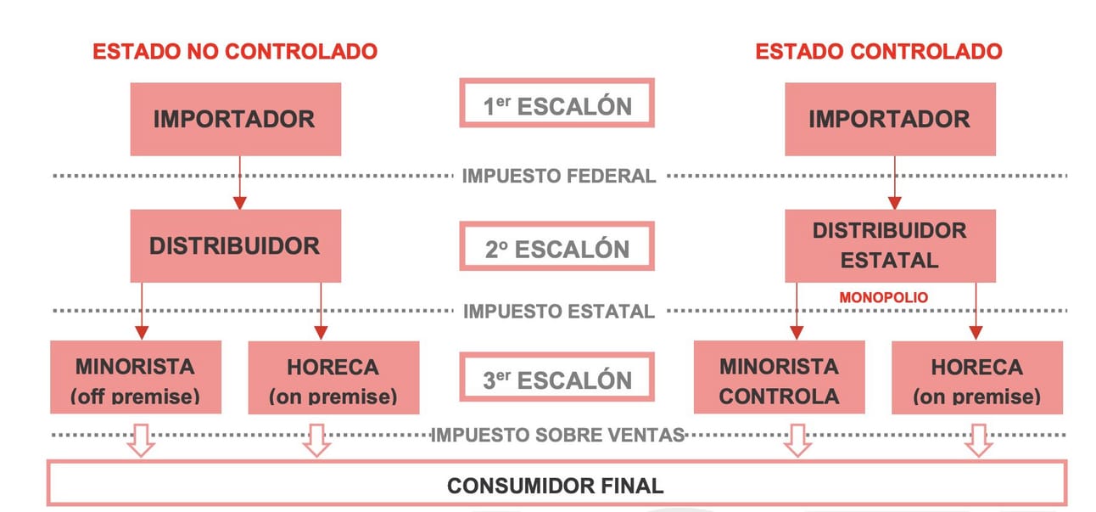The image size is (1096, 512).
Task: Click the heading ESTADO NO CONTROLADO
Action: tap(235, 51)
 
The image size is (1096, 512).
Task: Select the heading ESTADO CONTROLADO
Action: tap(879, 51)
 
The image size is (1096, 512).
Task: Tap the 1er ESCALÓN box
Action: tap(557, 104)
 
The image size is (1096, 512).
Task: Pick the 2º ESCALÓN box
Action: tap(557, 248)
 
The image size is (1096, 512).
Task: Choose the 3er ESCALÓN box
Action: tap(557, 380)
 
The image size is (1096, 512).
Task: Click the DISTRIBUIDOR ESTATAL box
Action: tap(889, 245)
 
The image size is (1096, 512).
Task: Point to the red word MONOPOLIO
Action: tap(883, 298)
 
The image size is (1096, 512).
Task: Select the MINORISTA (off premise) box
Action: tap(136, 378)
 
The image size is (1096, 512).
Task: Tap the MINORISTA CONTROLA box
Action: tap(779, 378)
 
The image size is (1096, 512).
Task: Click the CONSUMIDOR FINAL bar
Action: tap(556, 485)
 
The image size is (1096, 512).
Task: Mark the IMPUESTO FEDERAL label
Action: tap(559, 177)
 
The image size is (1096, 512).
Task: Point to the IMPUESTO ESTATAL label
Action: tap(559, 311)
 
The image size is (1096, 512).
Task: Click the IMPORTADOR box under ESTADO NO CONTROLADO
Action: tap(235, 119)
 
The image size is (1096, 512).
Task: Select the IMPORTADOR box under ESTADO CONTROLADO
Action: tap(889, 119)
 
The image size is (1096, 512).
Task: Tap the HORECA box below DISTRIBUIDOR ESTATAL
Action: tap(976, 378)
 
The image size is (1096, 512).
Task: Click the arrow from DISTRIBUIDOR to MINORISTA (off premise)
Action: tap(142, 311)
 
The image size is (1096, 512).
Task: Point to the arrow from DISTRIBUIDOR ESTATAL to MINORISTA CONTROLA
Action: tap(797, 311)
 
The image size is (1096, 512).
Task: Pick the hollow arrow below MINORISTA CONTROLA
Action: tap(797, 439)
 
